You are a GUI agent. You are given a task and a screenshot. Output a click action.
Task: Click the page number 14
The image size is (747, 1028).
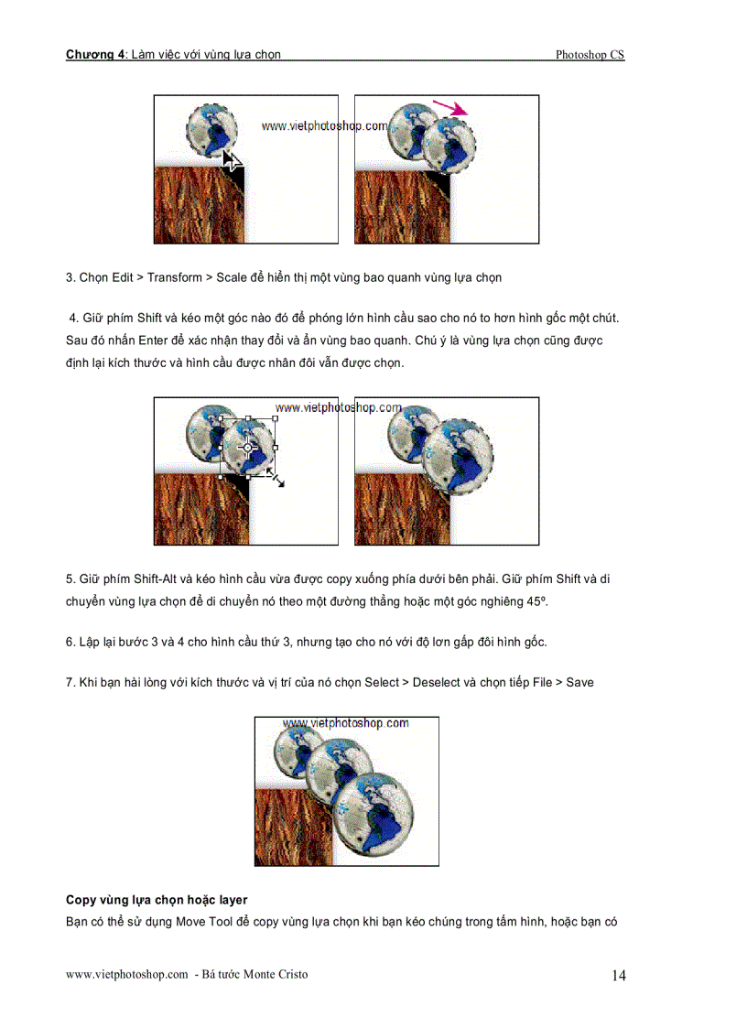[619, 977]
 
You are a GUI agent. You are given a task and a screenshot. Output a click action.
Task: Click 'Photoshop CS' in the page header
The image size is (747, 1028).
[590, 55]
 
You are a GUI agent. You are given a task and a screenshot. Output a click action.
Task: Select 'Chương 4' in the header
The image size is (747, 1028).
[95, 55]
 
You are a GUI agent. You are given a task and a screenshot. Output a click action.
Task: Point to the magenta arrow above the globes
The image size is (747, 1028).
[449, 108]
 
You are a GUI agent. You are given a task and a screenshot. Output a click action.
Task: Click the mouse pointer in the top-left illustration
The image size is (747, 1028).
[233, 162]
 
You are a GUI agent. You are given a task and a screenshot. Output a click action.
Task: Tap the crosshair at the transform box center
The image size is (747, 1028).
[247, 448]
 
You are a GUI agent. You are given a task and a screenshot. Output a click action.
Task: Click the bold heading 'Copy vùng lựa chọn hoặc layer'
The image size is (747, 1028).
[157, 900]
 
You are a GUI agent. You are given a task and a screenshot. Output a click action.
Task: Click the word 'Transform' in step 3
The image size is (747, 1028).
[177, 277]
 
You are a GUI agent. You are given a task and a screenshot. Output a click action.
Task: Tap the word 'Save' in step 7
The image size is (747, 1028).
[579, 682]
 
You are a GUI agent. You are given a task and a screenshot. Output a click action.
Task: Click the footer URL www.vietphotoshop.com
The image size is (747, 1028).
[126, 974]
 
